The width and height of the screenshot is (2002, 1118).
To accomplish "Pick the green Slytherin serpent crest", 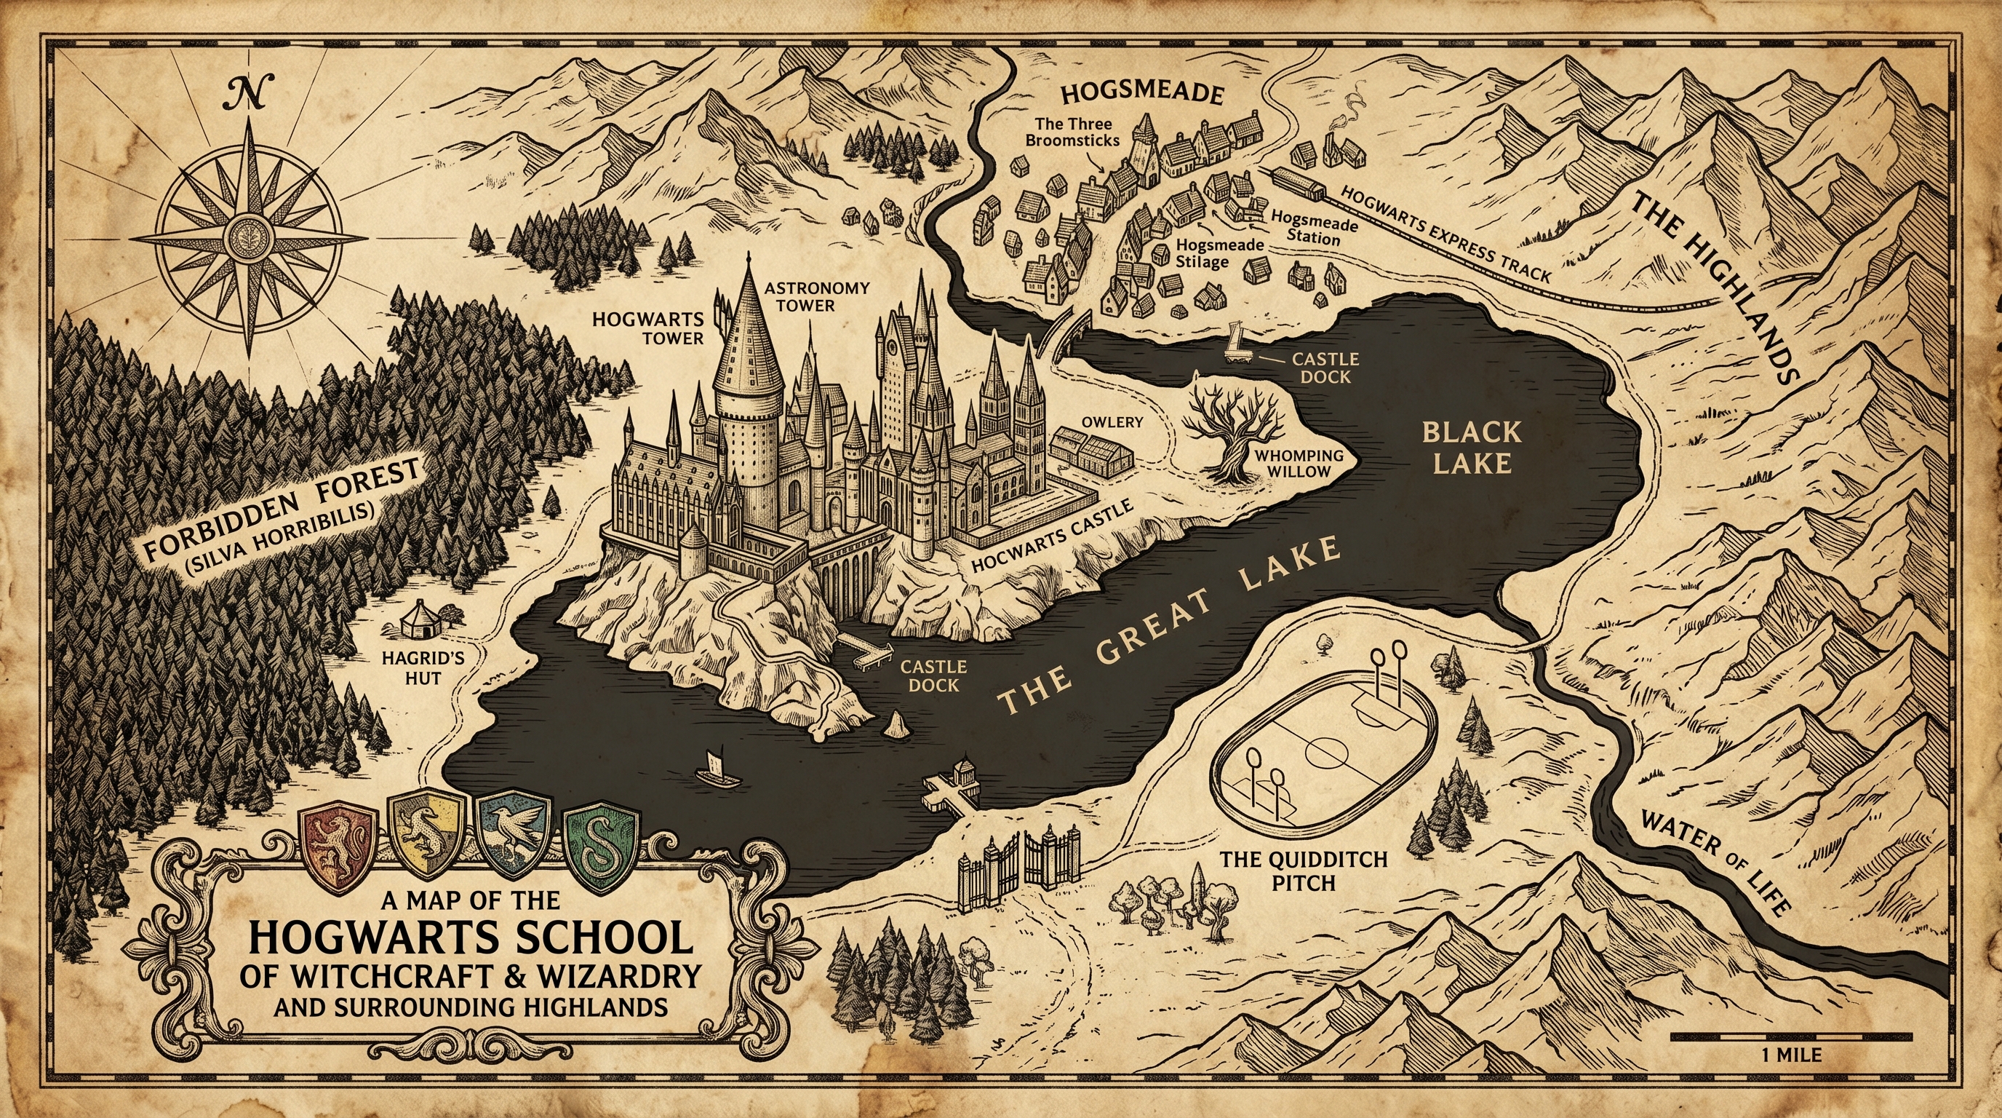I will pyautogui.click(x=602, y=846).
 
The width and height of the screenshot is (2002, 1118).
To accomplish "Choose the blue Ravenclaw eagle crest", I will pyautogui.click(x=515, y=844).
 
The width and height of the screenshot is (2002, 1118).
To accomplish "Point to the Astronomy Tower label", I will pyautogui.click(x=815, y=297).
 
